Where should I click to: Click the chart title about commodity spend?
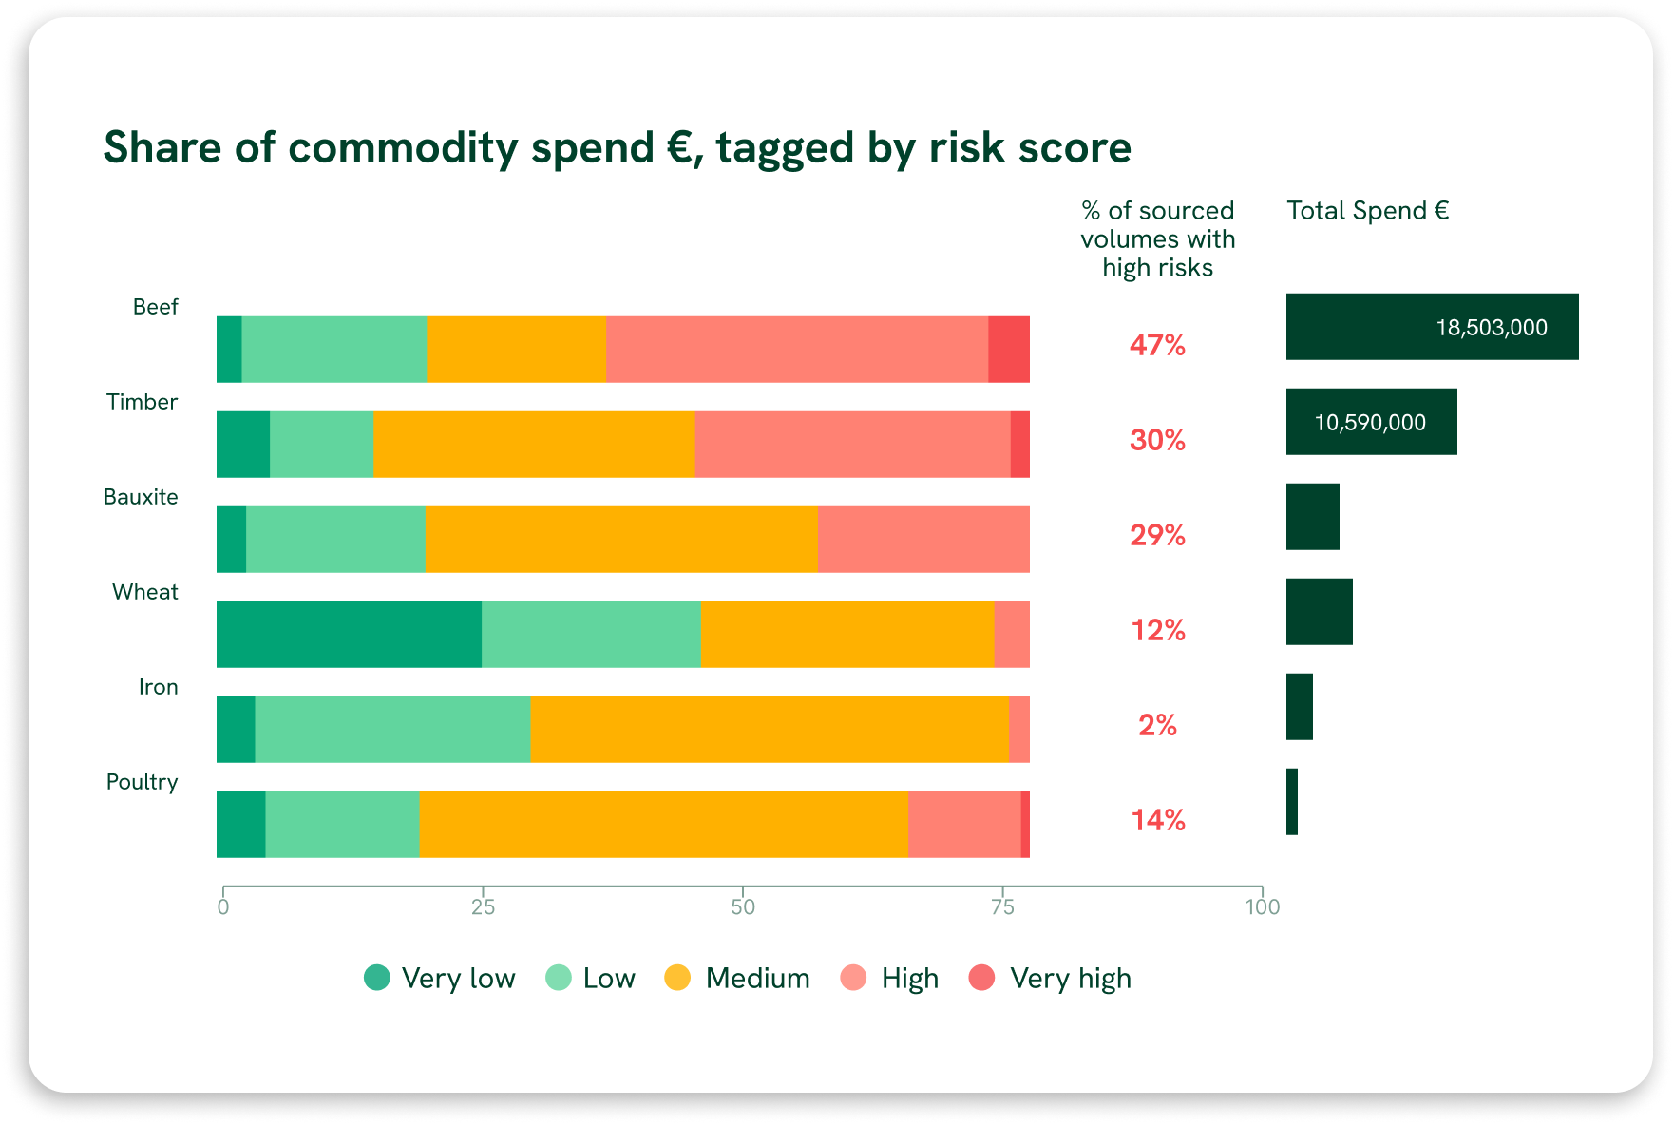click(617, 148)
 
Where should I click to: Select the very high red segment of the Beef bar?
click(1008, 350)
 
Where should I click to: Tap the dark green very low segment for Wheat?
click(349, 635)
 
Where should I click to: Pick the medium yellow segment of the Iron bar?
click(769, 730)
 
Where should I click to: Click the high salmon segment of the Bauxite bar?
click(923, 540)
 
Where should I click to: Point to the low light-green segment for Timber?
click(321, 445)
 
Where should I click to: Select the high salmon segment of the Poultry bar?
click(963, 825)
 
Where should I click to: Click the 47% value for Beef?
click(1157, 345)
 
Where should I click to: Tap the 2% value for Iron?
click(1157, 725)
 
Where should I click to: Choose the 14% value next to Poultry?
click(1157, 820)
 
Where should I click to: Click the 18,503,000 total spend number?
click(1491, 328)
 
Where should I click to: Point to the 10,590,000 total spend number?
click(1370, 423)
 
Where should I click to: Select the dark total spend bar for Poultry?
click(1292, 802)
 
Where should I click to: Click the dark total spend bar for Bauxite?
click(1312, 517)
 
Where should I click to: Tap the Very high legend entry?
click(1050, 978)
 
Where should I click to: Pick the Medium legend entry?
click(737, 978)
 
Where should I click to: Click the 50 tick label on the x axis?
click(743, 907)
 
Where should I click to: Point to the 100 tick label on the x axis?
click(1262, 907)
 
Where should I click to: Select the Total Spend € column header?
click(1367, 211)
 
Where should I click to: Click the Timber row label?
click(142, 402)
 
